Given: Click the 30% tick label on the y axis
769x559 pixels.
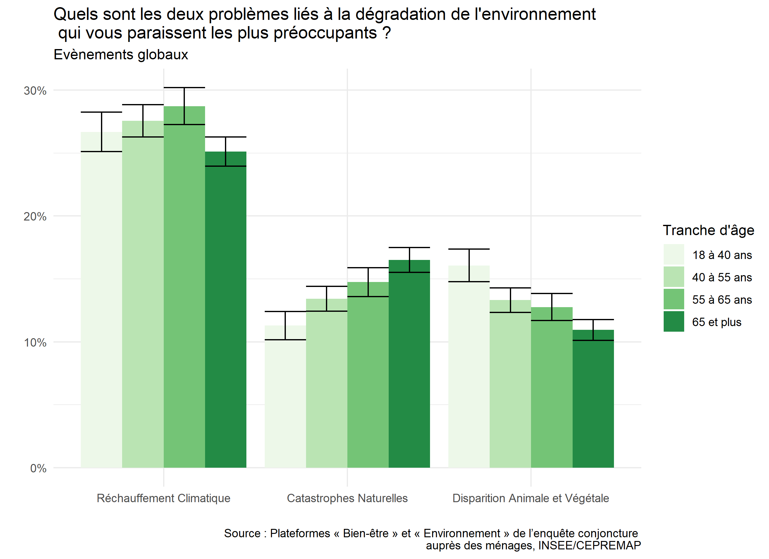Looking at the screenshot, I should coord(35,91).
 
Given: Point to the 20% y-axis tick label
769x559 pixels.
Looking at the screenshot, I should coord(35,217).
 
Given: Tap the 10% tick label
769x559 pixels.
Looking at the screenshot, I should coord(35,343).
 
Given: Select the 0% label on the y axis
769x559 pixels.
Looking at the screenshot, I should coord(38,469).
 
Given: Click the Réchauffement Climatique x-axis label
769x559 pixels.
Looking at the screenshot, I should coord(163,498).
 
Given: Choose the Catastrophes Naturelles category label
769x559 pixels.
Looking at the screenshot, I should coord(347,498).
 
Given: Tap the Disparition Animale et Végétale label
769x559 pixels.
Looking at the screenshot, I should coord(531,498).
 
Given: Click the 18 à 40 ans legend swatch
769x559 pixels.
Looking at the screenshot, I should coord(674,255).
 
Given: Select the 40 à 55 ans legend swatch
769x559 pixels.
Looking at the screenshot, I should coord(674,277).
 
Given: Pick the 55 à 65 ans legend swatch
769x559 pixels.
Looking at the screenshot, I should coord(674,299).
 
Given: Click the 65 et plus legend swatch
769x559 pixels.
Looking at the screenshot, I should coord(674,322).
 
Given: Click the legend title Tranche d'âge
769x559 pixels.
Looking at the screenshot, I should coord(708,230).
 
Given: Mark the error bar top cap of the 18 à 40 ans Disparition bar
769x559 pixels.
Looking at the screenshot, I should coord(469,249).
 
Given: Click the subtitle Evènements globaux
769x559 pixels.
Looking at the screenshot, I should coord(121,55).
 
